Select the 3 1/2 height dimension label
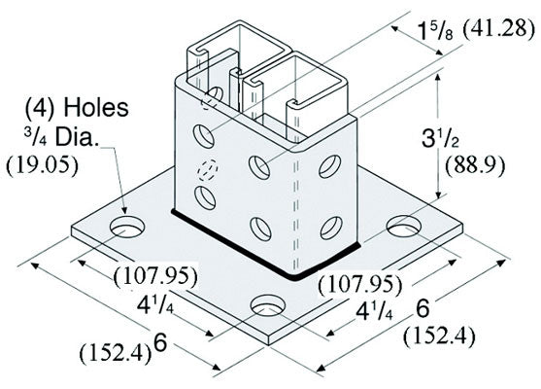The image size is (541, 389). [x=440, y=138]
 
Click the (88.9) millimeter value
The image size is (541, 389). [x=475, y=166]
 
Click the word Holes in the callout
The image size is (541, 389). [x=96, y=107]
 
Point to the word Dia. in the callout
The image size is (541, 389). [x=75, y=137]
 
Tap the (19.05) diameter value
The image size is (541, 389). [x=42, y=166]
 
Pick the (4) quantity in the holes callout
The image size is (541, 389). [x=40, y=108]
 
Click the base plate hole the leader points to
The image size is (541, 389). [x=126, y=228]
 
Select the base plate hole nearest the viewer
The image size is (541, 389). [x=268, y=306]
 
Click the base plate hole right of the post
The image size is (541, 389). [x=404, y=226]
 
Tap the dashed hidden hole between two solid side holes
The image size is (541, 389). [x=207, y=170]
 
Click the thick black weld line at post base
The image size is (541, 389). [x=266, y=248]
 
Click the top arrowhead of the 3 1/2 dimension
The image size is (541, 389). [x=438, y=78]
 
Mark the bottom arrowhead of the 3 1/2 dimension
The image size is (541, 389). [x=438, y=194]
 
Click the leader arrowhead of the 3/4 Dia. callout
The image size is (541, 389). [x=124, y=210]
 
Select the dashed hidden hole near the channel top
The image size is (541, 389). [x=211, y=97]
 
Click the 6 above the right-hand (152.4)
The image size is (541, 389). [x=423, y=308]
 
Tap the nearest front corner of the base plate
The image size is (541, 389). [x=269, y=344]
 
